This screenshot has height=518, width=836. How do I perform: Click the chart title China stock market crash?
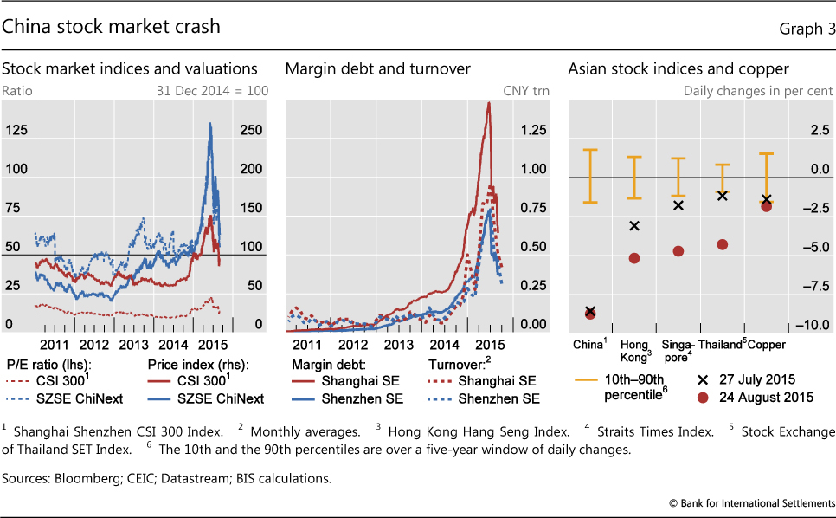111,27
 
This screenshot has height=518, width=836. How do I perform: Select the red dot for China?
590,313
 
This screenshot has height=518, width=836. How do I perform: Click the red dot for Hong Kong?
634,258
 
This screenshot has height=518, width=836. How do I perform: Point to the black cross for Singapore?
678,205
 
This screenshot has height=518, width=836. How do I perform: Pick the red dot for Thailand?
723,244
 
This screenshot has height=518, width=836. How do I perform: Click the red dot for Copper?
766,206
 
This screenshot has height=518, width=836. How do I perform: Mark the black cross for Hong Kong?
634,226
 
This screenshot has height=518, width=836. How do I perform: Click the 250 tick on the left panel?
251,130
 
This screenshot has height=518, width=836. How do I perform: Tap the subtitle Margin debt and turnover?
377,68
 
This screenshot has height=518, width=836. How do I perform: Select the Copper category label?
767,345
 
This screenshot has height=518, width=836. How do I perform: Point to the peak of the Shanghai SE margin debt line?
489,103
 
